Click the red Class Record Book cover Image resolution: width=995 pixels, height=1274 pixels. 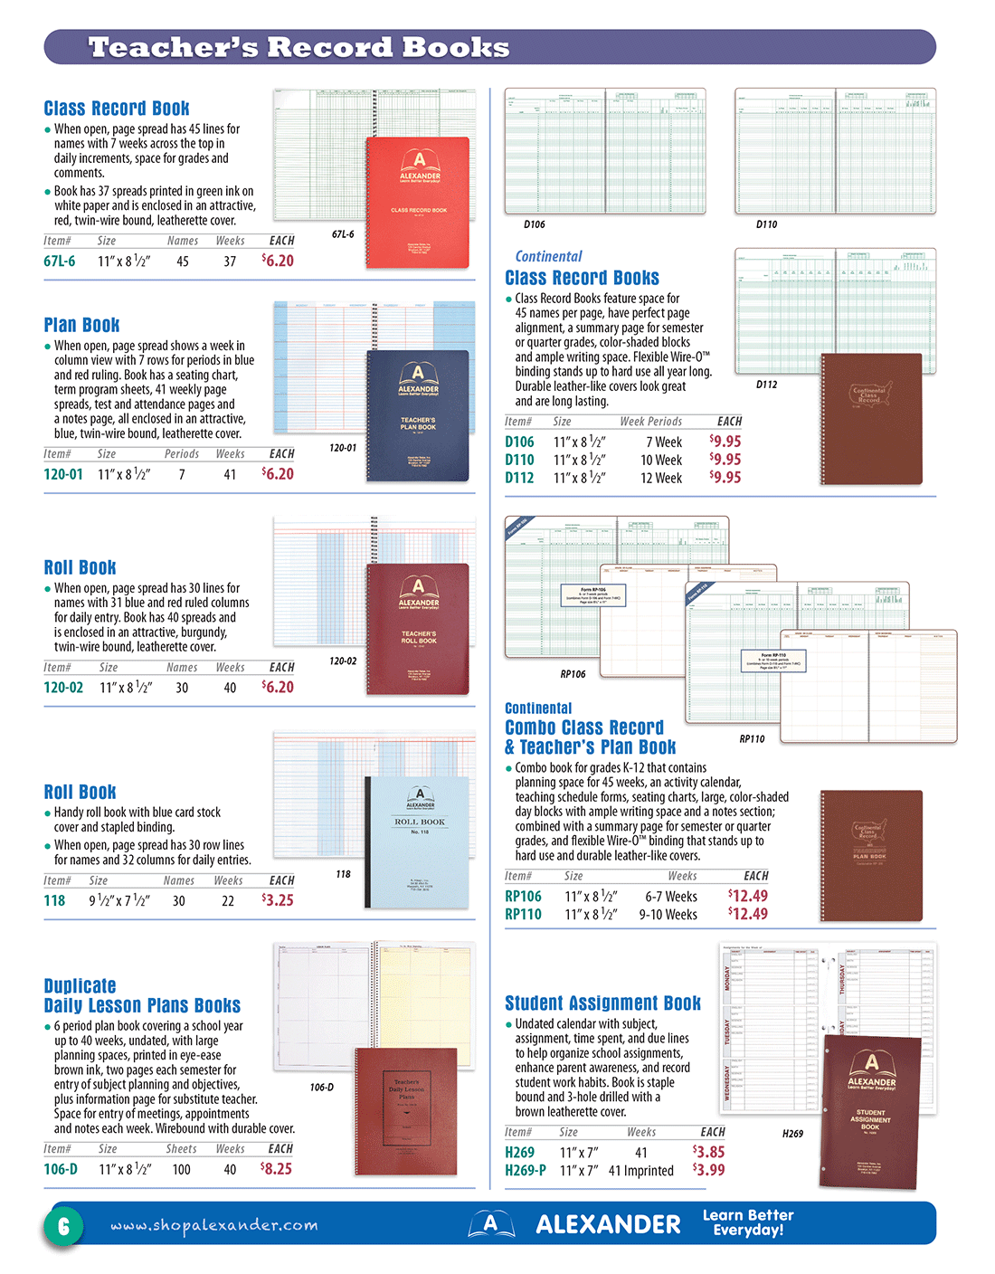click(x=418, y=202)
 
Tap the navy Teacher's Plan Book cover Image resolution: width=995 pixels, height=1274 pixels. click(x=418, y=415)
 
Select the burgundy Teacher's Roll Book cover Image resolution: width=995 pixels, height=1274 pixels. click(x=418, y=629)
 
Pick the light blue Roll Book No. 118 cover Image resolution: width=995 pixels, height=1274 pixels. click(x=419, y=841)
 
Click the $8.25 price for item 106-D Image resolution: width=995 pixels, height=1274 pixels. click(x=277, y=1168)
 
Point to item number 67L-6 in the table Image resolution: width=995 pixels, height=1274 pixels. click(x=60, y=261)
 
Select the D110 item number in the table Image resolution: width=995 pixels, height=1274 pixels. click(x=519, y=460)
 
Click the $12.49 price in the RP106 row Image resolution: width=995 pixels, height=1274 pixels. click(x=748, y=896)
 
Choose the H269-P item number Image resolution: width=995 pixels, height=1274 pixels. click(x=526, y=1170)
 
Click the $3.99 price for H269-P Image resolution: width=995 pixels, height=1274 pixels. click(x=708, y=1170)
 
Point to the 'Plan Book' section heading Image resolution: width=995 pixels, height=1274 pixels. click(x=81, y=325)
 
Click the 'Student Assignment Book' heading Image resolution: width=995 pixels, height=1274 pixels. click(x=602, y=1003)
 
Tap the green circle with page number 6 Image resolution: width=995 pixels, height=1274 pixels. click(x=63, y=1226)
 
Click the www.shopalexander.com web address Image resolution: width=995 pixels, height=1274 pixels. click(x=214, y=1225)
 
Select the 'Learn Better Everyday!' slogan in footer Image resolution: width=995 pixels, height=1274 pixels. click(x=748, y=1222)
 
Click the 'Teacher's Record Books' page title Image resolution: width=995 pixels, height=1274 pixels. click(x=298, y=47)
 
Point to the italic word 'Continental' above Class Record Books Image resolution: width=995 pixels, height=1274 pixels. click(x=548, y=257)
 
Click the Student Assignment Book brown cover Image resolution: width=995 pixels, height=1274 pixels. click(x=871, y=1112)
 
